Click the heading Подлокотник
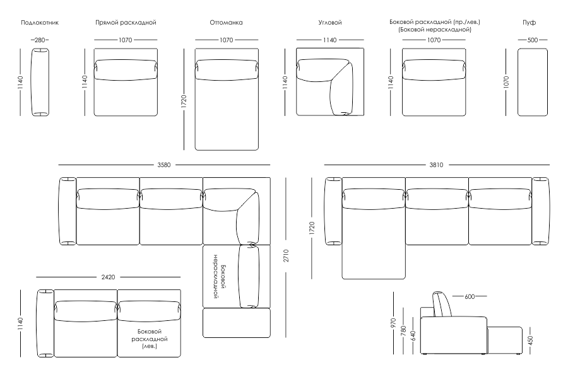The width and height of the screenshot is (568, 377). tap(40, 23)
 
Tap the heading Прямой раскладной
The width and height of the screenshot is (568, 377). tap(126, 23)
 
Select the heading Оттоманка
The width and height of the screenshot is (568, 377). tap(226, 23)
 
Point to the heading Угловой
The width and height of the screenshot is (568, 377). tap(330, 23)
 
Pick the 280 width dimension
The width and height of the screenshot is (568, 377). tap(40, 40)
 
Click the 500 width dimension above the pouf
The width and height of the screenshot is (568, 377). tap(532, 40)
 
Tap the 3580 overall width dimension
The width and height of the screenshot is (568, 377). tap(163, 165)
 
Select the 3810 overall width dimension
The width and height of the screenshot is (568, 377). tap(436, 165)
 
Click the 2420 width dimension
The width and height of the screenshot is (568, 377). tap(109, 277)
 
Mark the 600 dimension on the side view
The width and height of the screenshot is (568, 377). tap(470, 296)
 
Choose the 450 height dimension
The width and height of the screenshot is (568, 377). tap(531, 340)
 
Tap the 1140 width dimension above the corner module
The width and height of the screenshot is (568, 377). tap(330, 40)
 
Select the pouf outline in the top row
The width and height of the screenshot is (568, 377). tap(532, 83)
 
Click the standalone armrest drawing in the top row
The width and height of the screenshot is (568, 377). tap(40, 83)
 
